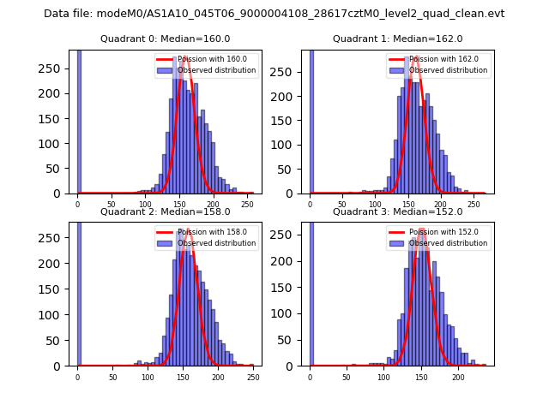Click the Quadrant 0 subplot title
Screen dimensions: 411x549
(165, 39)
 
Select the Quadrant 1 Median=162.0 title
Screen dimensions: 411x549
(397, 39)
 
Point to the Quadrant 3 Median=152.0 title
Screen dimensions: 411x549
(397, 211)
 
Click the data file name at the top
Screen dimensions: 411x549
(274, 14)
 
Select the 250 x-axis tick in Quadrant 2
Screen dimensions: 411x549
(252, 377)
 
